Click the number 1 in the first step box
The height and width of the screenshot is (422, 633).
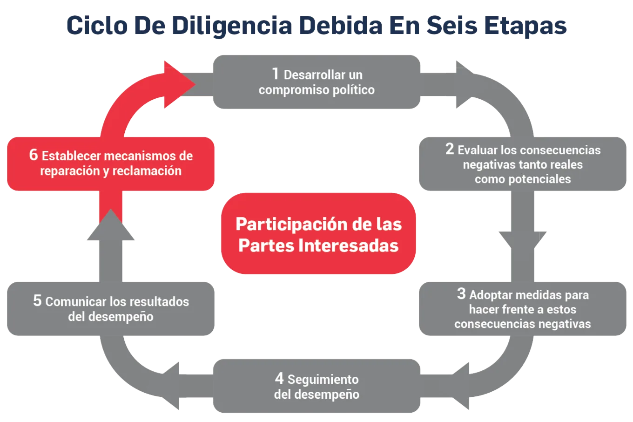[275, 74]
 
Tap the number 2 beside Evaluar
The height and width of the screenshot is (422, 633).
[449, 149]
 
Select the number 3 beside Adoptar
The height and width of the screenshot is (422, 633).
[461, 293]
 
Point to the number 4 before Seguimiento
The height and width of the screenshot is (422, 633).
[279, 378]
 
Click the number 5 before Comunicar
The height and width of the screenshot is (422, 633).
[37, 300]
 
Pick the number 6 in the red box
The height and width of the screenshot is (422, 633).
[34, 155]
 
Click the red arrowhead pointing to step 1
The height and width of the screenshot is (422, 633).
[179, 84]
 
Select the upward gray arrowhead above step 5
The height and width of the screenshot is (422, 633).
[110, 226]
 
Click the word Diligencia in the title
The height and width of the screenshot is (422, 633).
[232, 26]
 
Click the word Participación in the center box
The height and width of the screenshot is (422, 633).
[286, 225]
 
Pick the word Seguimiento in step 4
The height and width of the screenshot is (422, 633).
[323, 380]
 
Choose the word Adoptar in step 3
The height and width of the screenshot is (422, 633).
[491, 295]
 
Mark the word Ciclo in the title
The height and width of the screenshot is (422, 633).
[97, 26]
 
